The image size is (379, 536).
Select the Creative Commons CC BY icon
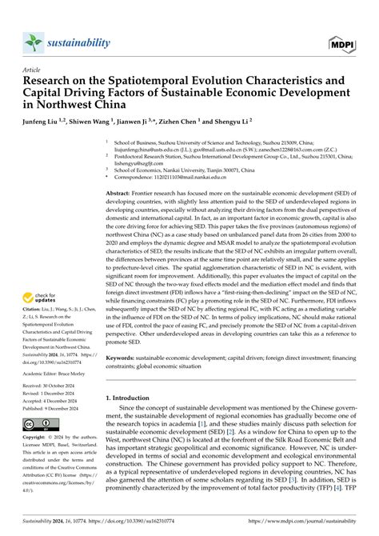coord(40,423)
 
